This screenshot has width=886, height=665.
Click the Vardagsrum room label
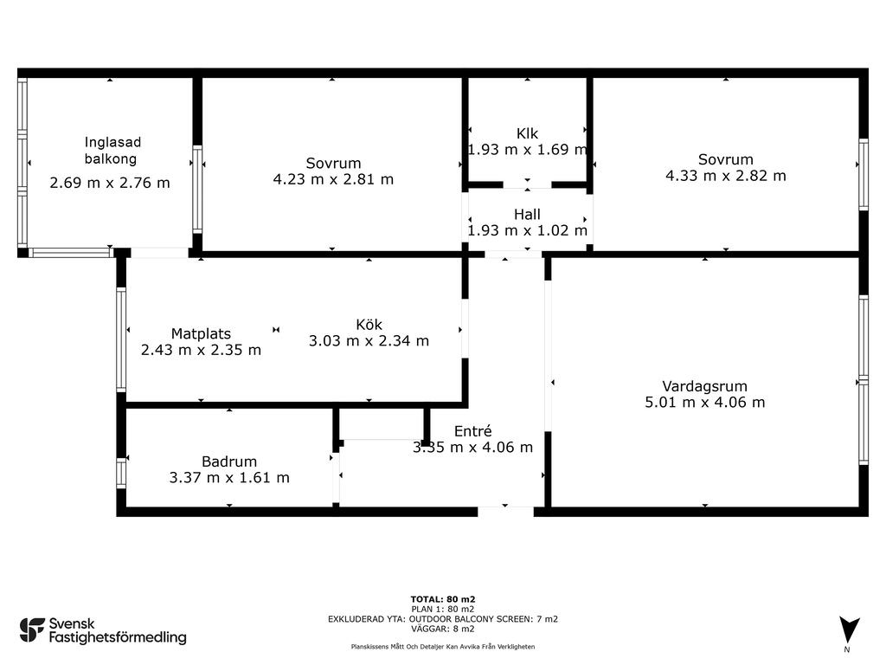coord(704,386)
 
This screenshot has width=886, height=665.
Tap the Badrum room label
coord(228,462)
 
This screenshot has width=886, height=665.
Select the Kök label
coord(369,325)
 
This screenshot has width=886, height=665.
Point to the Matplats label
coord(201,333)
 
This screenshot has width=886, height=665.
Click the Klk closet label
coord(527,133)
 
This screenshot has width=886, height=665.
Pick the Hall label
coord(527,215)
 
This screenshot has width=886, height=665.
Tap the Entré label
coord(473,431)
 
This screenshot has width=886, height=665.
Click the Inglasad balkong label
coord(112,151)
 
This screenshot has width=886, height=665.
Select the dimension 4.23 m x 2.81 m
coord(333,179)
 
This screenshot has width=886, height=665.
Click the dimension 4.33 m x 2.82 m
coord(726,176)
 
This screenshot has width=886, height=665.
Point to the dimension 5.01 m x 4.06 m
coord(704,402)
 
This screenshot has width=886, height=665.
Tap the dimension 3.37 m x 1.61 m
coord(228,477)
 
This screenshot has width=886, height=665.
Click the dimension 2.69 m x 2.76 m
coord(110,183)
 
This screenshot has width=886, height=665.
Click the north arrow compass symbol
coord(850,629)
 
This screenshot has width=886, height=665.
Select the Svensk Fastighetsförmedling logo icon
coord(32,630)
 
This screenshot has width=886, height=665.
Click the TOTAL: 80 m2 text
coord(443,599)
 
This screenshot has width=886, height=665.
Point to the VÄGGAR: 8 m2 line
coord(443,629)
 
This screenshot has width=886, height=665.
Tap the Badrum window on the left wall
coord(121,473)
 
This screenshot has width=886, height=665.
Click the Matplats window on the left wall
coord(121,339)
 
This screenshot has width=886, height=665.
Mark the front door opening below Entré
coord(505,512)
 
